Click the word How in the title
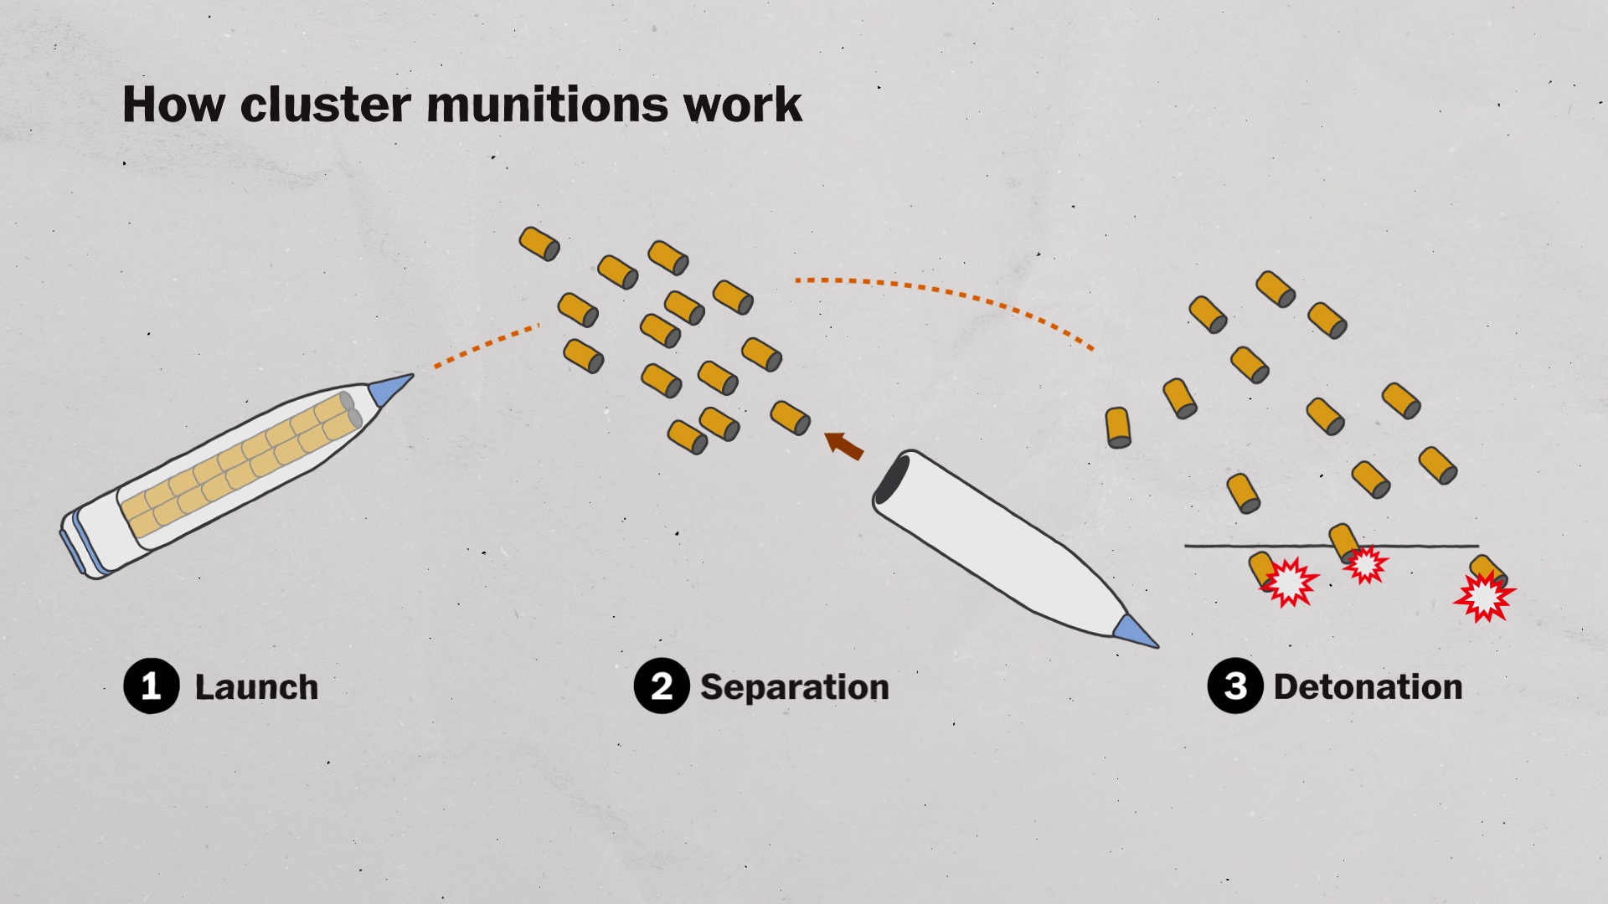pyautogui.click(x=173, y=105)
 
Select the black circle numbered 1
pyautogui.click(x=152, y=686)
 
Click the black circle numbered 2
pyautogui.click(x=662, y=686)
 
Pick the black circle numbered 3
pyautogui.click(x=1235, y=686)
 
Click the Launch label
pyautogui.click(x=256, y=687)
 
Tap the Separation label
pyautogui.click(x=794, y=687)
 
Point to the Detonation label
pyautogui.click(x=1368, y=687)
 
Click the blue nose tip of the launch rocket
pyautogui.click(x=389, y=388)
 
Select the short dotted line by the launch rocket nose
pyautogui.click(x=486, y=346)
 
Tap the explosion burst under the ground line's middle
pyautogui.click(x=1366, y=565)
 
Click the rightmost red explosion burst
pyautogui.click(x=1484, y=596)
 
